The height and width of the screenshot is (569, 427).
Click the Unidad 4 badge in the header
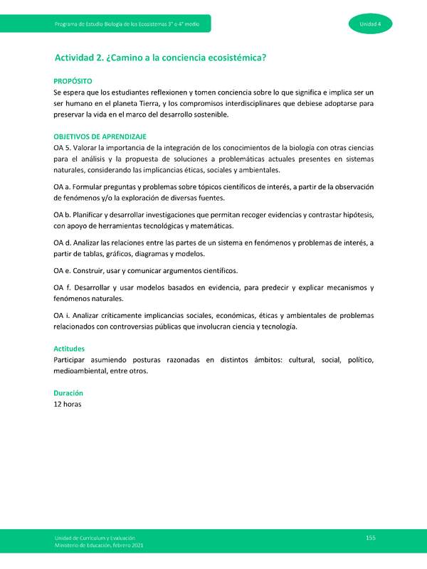click(368, 26)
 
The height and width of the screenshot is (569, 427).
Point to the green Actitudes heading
click(69, 349)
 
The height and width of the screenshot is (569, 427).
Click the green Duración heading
click(68, 393)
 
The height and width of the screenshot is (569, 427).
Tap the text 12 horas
click(68, 404)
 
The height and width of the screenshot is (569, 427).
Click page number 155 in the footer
click(370, 537)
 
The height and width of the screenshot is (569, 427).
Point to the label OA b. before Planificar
click(63, 215)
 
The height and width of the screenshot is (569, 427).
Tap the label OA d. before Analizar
click(63, 243)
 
